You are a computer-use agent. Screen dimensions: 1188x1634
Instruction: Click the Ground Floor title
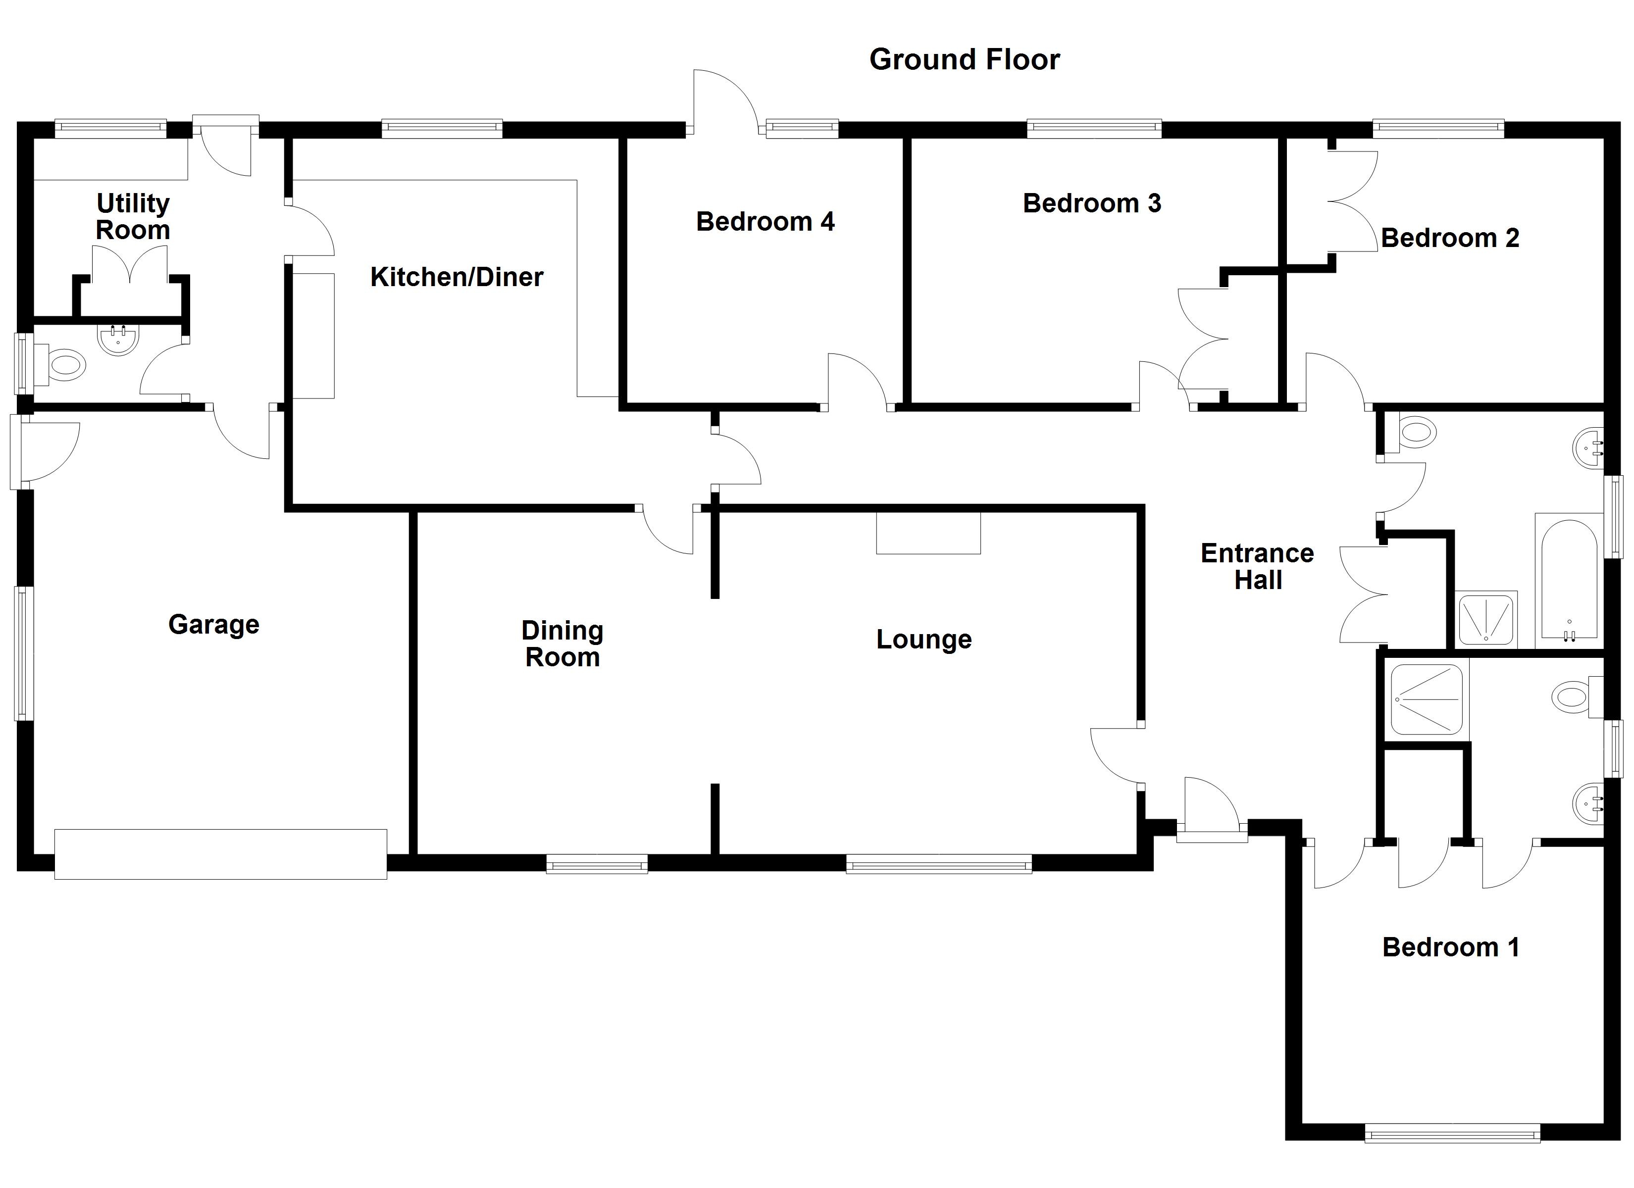pyautogui.click(x=964, y=59)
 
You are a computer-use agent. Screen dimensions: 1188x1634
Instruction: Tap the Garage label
pyautogui.click(x=213, y=624)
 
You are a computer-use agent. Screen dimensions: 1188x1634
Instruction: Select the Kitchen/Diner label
pyautogui.click(x=456, y=277)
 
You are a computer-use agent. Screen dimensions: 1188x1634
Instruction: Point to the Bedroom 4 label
pyautogui.click(x=765, y=221)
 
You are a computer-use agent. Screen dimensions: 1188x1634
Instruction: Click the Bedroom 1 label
pyautogui.click(x=1450, y=946)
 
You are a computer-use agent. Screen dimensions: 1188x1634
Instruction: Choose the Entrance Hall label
pyautogui.click(x=1257, y=566)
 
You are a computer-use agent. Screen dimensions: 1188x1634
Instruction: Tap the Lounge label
pyautogui.click(x=923, y=639)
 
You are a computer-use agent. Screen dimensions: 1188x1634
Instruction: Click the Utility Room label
pyautogui.click(x=133, y=216)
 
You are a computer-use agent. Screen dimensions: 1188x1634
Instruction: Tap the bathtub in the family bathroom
pyautogui.click(x=1568, y=580)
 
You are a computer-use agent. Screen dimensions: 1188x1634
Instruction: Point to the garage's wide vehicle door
pyautogui.click(x=220, y=854)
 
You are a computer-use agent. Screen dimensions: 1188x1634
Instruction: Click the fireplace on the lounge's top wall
pyautogui.click(x=928, y=533)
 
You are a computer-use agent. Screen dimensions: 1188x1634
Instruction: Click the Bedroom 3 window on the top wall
pyautogui.click(x=1094, y=129)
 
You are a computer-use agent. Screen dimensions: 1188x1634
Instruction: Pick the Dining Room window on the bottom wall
pyautogui.click(x=597, y=864)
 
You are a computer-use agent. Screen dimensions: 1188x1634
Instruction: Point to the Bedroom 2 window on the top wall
pyautogui.click(x=1438, y=129)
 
